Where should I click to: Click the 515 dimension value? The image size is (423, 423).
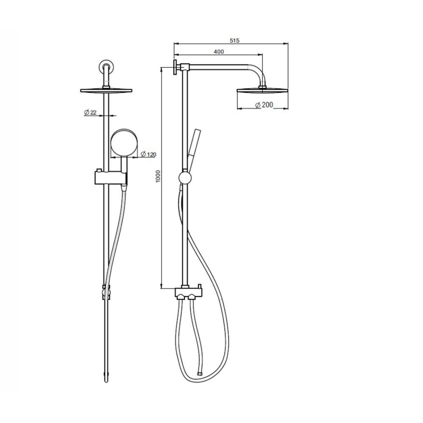click(x=235, y=41)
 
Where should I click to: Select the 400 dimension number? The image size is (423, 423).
click(x=219, y=52)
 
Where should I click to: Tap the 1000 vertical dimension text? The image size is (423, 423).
click(x=158, y=176)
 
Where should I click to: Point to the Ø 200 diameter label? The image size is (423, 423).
click(x=264, y=105)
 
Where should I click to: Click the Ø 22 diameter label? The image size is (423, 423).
click(x=90, y=112)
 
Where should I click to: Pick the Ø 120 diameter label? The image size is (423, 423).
click(x=149, y=154)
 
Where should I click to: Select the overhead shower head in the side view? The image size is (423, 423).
click(x=262, y=91)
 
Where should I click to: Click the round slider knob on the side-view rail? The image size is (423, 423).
click(x=185, y=178)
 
